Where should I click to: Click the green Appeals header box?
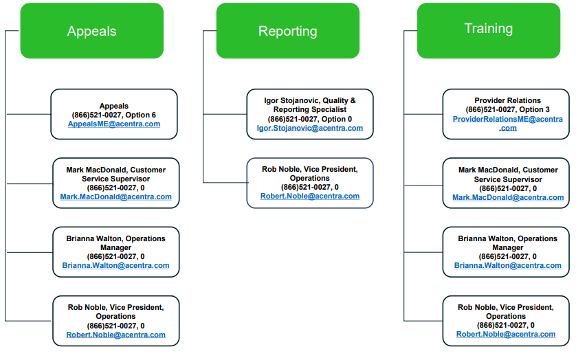coord(91,31)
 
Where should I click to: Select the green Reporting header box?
coord(288,31)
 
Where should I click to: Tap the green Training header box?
coord(489,31)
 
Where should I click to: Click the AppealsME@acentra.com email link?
coord(114,124)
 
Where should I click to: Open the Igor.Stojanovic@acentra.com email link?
coord(310,128)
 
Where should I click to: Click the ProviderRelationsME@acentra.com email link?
coord(508,124)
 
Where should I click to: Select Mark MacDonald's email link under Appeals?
coord(116,197)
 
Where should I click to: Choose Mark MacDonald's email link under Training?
coord(508,198)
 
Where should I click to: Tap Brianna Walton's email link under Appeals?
coord(115,265)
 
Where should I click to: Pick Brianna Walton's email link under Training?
coord(508,265)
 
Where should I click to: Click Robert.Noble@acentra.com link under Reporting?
coord(310,196)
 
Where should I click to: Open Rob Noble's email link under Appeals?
coord(115,335)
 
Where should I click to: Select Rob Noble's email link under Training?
coord(506,334)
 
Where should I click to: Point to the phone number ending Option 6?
coord(114,115)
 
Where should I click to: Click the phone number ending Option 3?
coord(508,109)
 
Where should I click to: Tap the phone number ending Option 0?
coord(310,119)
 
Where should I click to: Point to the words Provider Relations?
coord(508,100)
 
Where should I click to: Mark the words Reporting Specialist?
coord(310,110)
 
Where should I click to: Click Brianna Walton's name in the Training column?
coord(486,238)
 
